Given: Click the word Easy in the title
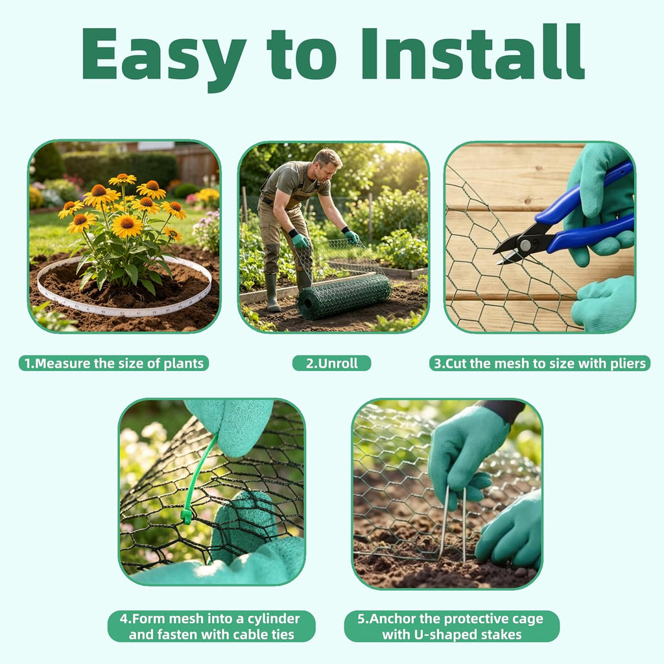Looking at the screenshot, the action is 164,57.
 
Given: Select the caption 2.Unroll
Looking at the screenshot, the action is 331,363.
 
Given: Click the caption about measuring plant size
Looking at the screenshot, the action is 114,363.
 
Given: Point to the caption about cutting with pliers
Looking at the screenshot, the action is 540,363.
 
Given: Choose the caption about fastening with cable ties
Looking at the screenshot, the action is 211,626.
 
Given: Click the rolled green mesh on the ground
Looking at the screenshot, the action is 344,296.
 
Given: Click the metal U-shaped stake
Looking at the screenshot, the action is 453,524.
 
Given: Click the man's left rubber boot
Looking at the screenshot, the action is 272,293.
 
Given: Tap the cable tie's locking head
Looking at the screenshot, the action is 186,517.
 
